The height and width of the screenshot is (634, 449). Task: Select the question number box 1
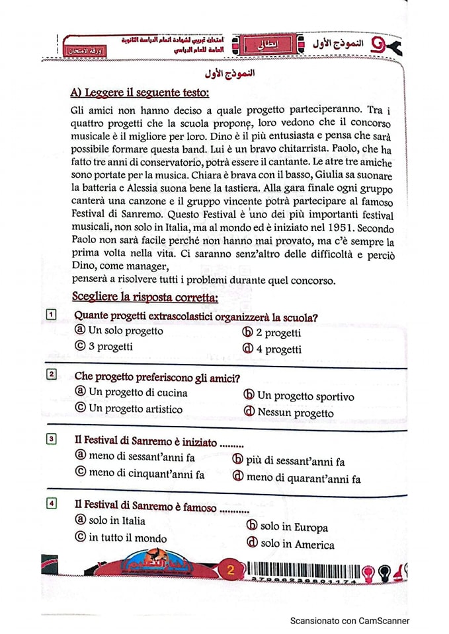[x=50, y=315]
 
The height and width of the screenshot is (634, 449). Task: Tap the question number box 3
[x=51, y=439]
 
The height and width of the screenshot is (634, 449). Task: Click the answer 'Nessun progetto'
[x=288, y=413]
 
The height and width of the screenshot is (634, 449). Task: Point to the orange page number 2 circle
[x=231, y=571]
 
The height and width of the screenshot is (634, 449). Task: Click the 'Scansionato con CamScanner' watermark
[x=350, y=621]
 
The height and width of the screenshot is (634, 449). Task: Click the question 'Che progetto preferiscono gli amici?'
[x=157, y=377]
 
